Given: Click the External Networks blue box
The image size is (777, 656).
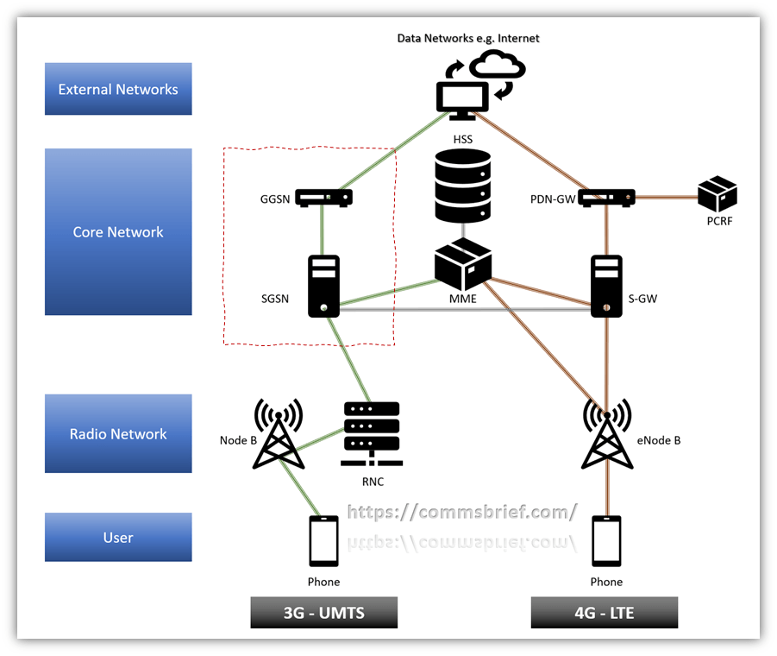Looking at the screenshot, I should [118, 89].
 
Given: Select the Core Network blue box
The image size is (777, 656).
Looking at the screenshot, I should [118, 231].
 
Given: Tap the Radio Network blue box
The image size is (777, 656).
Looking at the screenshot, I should [118, 433].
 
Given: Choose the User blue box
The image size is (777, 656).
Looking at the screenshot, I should [118, 537].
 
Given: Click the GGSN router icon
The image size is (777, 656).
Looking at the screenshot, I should [323, 198].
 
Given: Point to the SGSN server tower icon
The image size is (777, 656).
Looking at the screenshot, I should [323, 284].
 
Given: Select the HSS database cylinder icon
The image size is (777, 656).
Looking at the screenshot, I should [463, 186].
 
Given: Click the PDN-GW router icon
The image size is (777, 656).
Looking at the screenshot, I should [607, 198].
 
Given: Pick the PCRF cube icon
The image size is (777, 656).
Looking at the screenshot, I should [717, 194].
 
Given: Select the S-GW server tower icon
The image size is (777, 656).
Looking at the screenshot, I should [607, 286].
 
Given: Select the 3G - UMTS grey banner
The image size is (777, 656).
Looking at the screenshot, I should [323, 613].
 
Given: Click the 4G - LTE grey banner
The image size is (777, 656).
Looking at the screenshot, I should [604, 613].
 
